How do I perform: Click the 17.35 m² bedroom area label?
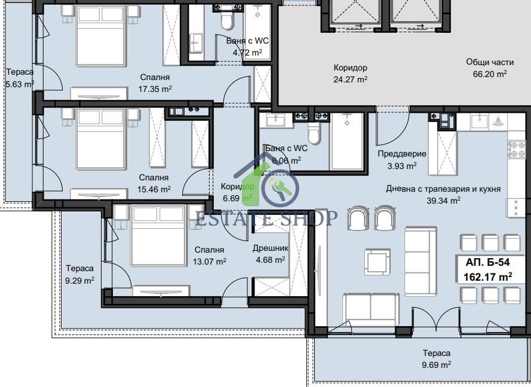(x=155, y=89)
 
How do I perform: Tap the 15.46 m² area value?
(x=154, y=189)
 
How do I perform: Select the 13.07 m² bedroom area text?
(x=210, y=262)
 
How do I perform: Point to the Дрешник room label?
(x=271, y=248)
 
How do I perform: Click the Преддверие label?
(x=402, y=153)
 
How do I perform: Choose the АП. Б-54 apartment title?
(x=487, y=262)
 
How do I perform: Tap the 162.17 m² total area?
(x=487, y=277)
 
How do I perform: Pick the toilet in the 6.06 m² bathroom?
(x=314, y=133)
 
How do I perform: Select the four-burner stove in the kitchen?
(x=516, y=149)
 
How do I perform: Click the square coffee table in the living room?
(x=377, y=262)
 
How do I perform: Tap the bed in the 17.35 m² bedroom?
(x=102, y=35)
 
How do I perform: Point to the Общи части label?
(x=490, y=62)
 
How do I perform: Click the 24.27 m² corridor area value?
(x=351, y=79)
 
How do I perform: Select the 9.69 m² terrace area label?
(x=437, y=365)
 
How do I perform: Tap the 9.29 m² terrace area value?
(x=79, y=280)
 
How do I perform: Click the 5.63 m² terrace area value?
(x=20, y=84)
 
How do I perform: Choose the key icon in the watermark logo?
(x=280, y=188)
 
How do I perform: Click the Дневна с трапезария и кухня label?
(x=443, y=189)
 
